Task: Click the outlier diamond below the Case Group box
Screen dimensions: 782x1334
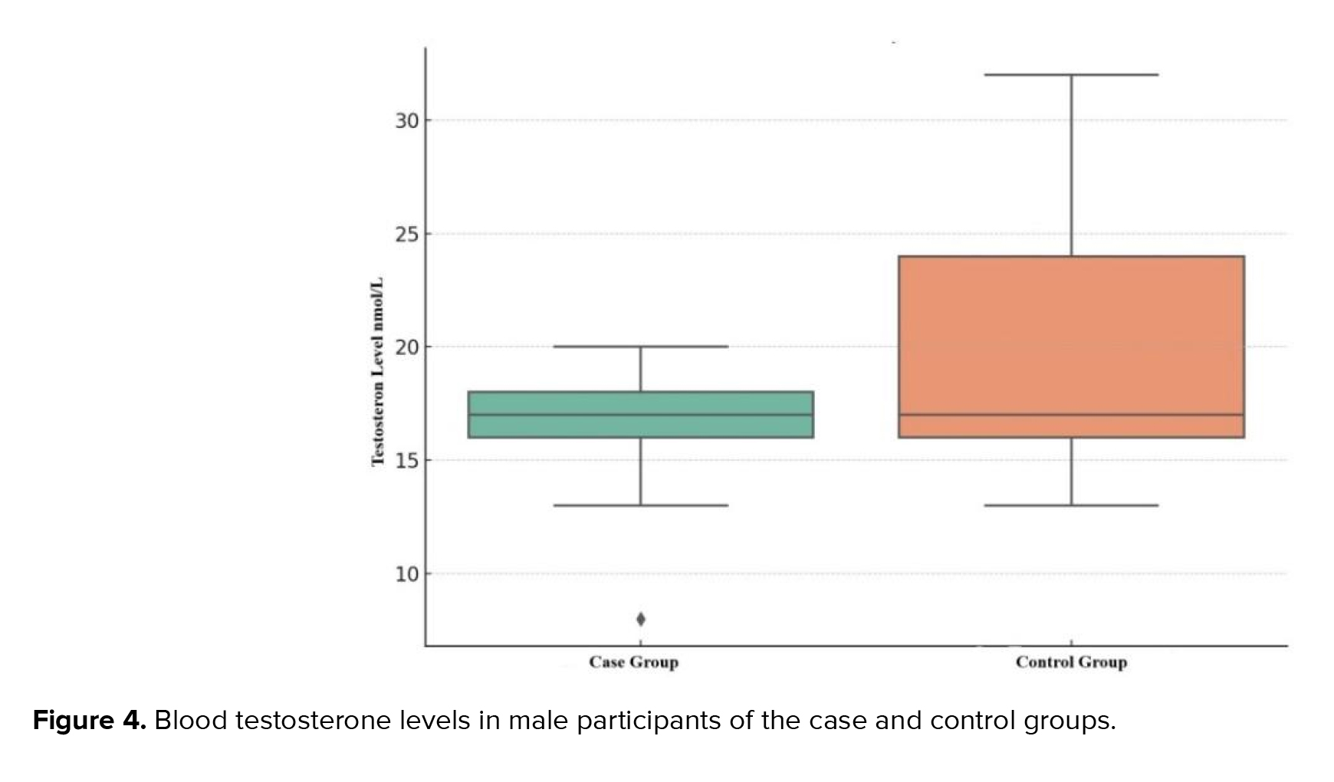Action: (x=641, y=619)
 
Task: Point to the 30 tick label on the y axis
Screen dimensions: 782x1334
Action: (x=408, y=120)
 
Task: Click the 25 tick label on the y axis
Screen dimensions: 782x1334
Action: (x=408, y=234)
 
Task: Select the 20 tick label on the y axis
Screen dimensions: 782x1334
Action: (x=408, y=347)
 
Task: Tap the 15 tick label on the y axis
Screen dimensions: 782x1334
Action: (x=408, y=461)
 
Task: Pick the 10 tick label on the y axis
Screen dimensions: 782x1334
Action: (x=408, y=574)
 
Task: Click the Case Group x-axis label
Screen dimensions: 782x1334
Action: (x=633, y=662)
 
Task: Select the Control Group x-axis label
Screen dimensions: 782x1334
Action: (x=1071, y=662)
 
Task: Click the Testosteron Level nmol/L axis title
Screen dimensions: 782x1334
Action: (x=377, y=372)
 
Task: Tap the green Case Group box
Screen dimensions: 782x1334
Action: (x=640, y=403)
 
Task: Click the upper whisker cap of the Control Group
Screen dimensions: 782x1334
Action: (x=1071, y=75)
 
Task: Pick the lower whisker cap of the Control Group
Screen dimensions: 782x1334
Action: (x=1071, y=505)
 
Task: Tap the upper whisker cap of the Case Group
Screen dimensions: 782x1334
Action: (x=640, y=347)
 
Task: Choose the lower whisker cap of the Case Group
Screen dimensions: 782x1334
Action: (x=640, y=505)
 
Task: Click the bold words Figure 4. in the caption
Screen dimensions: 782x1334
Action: (x=89, y=721)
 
